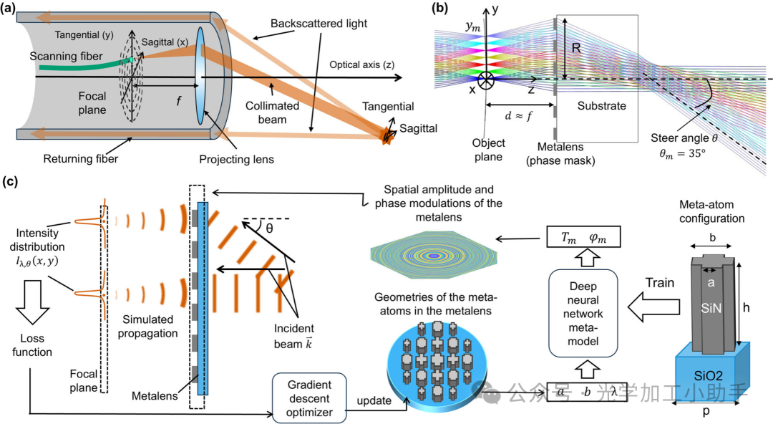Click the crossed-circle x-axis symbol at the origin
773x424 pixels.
(x=487, y=77)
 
